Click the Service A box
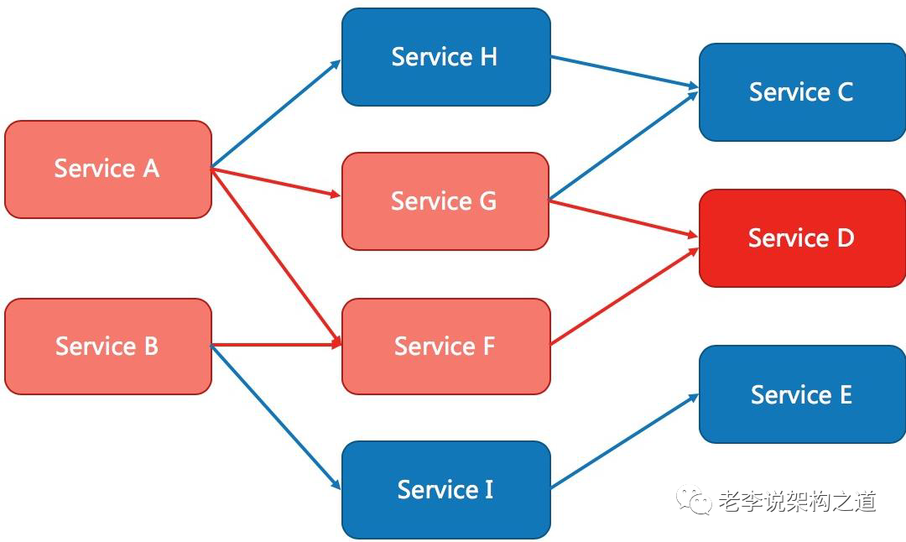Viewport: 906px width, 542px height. (x=108, y=169)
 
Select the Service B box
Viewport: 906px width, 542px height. (x=108, y=347)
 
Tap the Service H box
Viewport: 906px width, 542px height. (x=446, y=56)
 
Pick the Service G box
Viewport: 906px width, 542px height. (x=445, y=201)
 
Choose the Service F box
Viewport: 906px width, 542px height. (x=446, y=347)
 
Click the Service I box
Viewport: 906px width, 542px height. (x=446, y=489)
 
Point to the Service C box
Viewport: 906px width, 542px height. (x=802, y=92)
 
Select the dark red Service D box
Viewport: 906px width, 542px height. (x=802, y=238)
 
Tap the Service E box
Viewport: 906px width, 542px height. (x=802, y=394)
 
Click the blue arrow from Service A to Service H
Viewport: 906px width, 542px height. (x=276, y=114)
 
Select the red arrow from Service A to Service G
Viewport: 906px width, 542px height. (x=276, y=183)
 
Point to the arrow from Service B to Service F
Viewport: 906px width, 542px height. (x=276, y=345)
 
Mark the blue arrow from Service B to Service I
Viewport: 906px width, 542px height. (x=276, y=418)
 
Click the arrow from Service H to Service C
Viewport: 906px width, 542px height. (x=625, y=72)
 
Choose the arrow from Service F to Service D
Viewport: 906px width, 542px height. (x=625, y=296)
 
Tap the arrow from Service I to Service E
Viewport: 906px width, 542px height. (x=625, y=441)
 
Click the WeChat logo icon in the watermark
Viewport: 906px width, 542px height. (x=694, y=500)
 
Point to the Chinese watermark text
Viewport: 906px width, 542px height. (x=798, y=501)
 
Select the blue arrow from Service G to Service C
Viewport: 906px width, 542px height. (x=624, y=146)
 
